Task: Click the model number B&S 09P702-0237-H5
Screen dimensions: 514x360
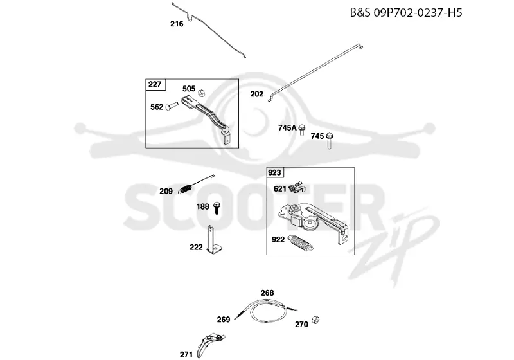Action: pyautogui.click(x=406, y=13)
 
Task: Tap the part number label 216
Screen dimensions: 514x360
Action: pyautogui.click(x=177, y=24)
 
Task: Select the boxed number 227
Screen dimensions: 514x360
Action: pyautogui.click(x=155, y=84)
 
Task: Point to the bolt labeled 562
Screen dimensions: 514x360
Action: pyautogui.click(x=172, y=105)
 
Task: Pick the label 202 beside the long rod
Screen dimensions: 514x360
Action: pyautogui.click(x=256, y=94)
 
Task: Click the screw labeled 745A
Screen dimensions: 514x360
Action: pyautogui.click(x=302, y=130)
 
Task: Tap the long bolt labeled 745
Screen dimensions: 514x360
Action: pyautogui.click(x=330, y=141)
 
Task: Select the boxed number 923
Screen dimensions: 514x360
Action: pyautogui.click(x=275, y=172)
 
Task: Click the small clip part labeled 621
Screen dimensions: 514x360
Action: pyautogui.click(x=297, y=187)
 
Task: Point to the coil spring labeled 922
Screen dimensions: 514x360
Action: pyautogui.click(x=301, y=243)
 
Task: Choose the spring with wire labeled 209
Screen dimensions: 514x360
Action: pyautogui.click(x=196, y=184)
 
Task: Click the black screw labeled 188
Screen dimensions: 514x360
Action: pyautogui.click(x=217, y=208)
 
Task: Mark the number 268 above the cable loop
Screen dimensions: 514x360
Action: pyautogui.click(x=267, y=292)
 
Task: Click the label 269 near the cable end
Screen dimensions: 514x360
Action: pyautogui.click(x=224, y=319)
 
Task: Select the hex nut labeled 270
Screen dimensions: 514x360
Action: pyautogui.click(x=315, y=319)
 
